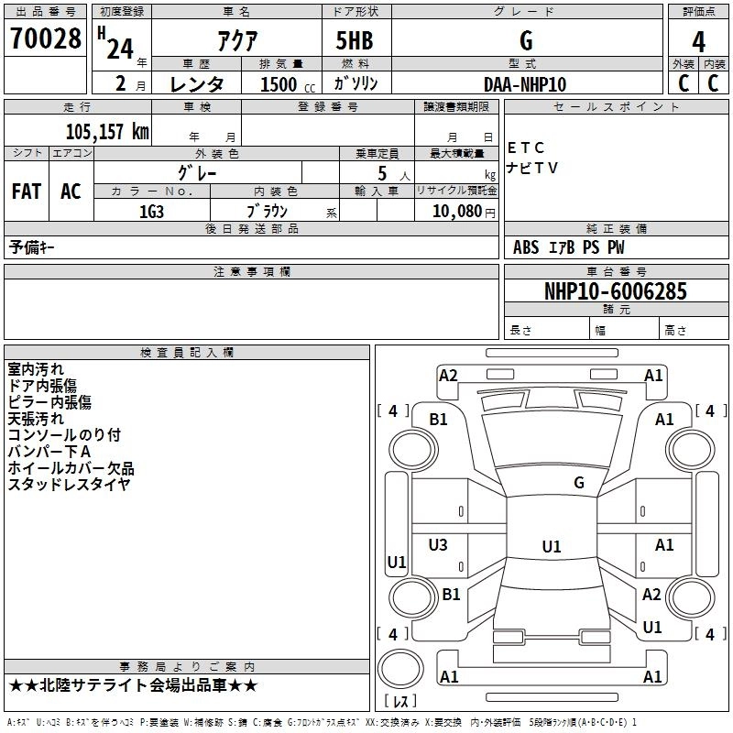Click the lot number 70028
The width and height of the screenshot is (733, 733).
(46, 40)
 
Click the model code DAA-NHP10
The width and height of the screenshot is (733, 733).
(525, 83)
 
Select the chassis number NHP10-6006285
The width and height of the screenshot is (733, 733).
(616, 291)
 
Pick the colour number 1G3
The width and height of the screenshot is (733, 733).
(151, 210)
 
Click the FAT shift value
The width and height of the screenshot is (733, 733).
(27, 191)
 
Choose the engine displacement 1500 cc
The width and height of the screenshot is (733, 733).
(279, 84)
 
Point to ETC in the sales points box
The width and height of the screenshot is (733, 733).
(526, 148)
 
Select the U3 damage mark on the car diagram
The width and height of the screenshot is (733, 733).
(438, 545)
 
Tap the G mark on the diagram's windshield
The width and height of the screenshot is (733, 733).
(578, 482)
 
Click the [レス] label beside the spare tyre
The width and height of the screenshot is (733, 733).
(399, 702)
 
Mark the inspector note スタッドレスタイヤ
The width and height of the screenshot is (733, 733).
(69, 485)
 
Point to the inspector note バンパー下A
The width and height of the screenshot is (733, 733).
(49, 452)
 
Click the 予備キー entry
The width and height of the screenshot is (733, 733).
(33, 247)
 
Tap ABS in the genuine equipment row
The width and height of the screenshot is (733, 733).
(527, 247)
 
